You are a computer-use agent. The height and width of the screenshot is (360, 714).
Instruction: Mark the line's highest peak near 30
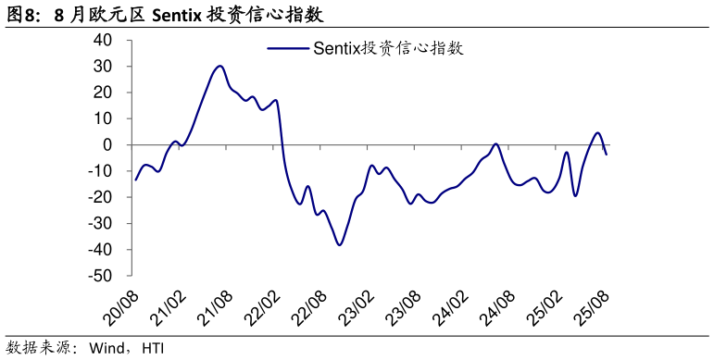point(219,66)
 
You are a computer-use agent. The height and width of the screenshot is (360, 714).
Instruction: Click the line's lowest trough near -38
point(340,244)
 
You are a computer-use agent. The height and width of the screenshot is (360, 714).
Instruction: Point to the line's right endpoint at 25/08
point(607,154)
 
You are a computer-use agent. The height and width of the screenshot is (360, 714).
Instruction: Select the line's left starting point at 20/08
point(135,180)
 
